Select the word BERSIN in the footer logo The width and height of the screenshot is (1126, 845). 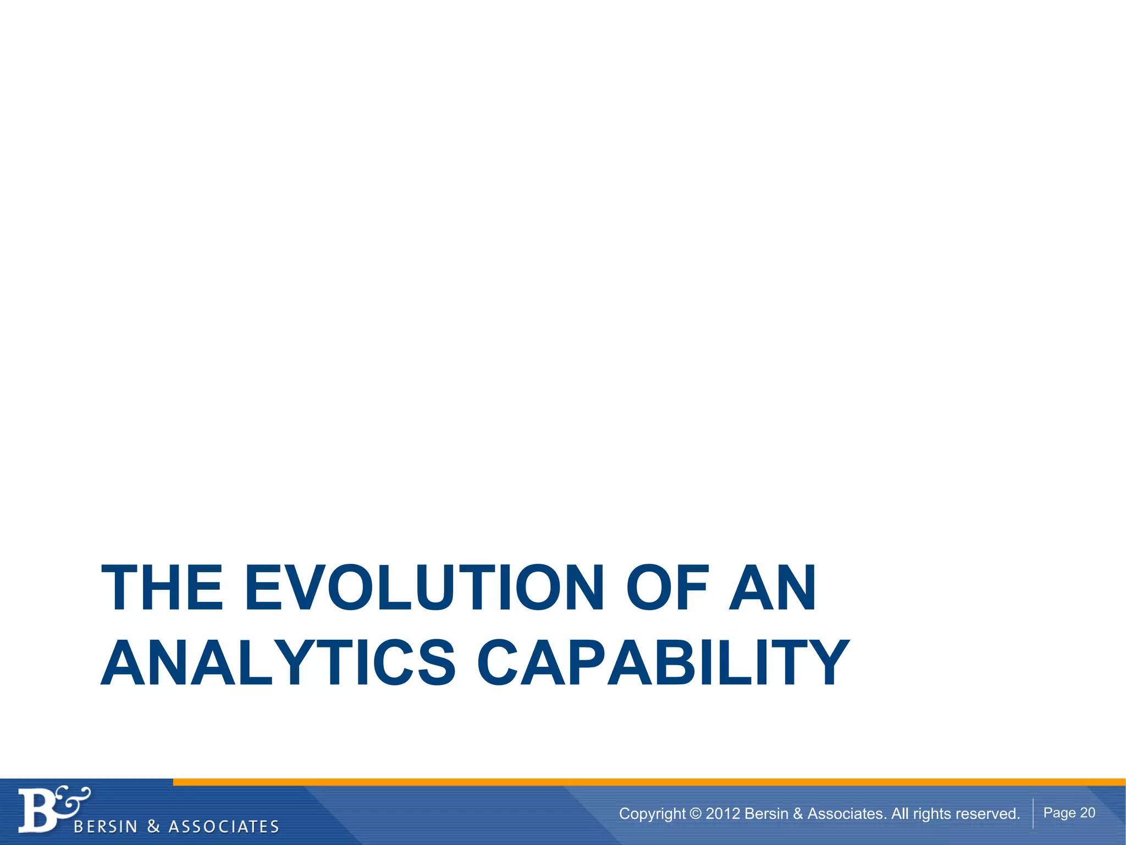click(x=105, y=827)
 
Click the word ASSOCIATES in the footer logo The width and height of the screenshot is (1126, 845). click(x=224, y=827)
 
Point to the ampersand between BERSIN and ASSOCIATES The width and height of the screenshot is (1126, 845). click(x=153, y=827)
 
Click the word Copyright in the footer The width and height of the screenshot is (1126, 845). click(x=652, y=814)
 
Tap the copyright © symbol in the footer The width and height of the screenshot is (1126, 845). click(x=696, y=814)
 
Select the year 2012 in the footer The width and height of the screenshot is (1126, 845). click(x=722, y=814)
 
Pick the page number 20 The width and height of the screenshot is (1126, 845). click(x=1088, y=813)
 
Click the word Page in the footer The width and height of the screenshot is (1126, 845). click(x=1059, y=813)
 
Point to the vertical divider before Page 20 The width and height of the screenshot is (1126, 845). click(x=1033, y=813)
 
